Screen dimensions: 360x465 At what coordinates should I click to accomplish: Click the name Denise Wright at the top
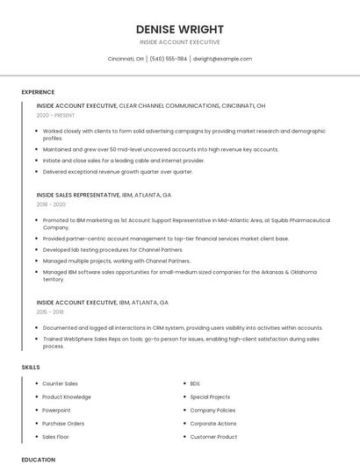[179, 29]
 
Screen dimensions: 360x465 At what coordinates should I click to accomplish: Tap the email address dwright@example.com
[222, 59]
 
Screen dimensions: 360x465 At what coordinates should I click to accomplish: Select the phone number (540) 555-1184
[168, 59]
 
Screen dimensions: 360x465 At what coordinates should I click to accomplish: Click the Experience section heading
[38, 92]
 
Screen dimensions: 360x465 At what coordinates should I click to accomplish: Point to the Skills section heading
[31, 367]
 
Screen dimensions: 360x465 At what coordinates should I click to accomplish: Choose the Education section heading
[39, 459]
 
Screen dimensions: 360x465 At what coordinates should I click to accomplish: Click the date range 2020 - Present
[55, 115]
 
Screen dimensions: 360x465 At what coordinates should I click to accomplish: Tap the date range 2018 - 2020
[51, 204]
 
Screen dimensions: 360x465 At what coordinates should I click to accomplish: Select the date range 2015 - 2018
[51, 311]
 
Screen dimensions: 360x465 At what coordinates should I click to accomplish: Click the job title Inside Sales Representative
[76, 195]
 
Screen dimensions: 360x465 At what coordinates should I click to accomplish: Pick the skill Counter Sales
[60, 383]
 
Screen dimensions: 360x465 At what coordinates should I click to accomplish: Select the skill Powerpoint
[56, 410]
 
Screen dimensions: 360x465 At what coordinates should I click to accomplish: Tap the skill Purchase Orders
[63, 423]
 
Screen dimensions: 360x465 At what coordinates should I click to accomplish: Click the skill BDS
[195, 383]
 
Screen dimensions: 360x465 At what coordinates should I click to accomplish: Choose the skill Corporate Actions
[213, 423]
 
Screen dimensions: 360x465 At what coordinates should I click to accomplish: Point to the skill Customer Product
[213, 436]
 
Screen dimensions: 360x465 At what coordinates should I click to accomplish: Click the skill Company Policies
[212, 410]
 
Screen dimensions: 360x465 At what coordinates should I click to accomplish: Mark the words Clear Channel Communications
[169, 105]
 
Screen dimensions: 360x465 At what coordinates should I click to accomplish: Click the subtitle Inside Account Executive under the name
[179, 42]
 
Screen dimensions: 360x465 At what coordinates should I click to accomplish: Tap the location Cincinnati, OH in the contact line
[126, 59]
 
